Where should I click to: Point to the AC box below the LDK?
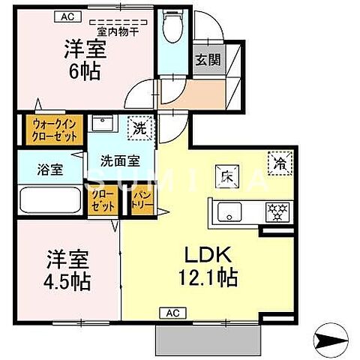click(172, 311)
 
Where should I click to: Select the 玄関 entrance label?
click(208, 60)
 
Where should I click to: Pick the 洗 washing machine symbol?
click(140, 127)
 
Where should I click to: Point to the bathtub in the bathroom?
click(50, 200)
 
